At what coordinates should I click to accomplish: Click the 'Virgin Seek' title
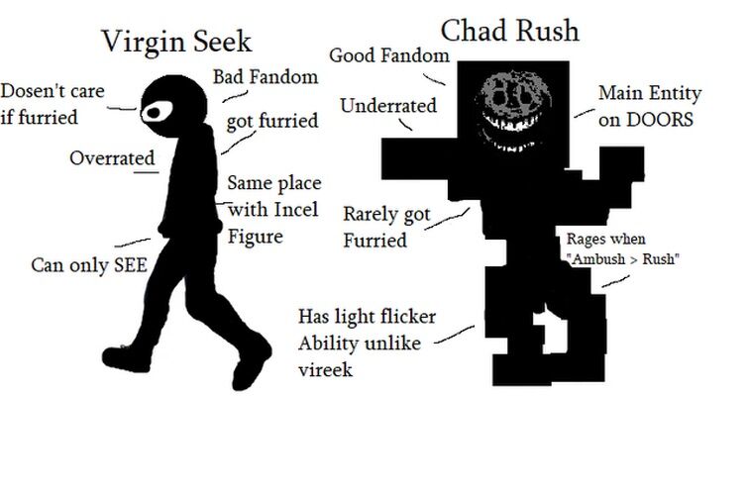click(177, 42)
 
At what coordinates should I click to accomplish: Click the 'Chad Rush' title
click(509, 30)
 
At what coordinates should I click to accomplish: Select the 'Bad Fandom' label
click(266, 76)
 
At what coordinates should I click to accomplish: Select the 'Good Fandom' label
click(388, 54)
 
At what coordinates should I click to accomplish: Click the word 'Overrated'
click(112, 157)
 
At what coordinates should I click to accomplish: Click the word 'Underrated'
click(387, 105)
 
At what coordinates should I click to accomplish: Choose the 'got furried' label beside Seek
click(272, 122)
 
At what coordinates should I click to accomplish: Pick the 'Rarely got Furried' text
click(384, 227)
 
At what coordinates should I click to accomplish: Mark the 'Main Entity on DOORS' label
click(649, 106)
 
